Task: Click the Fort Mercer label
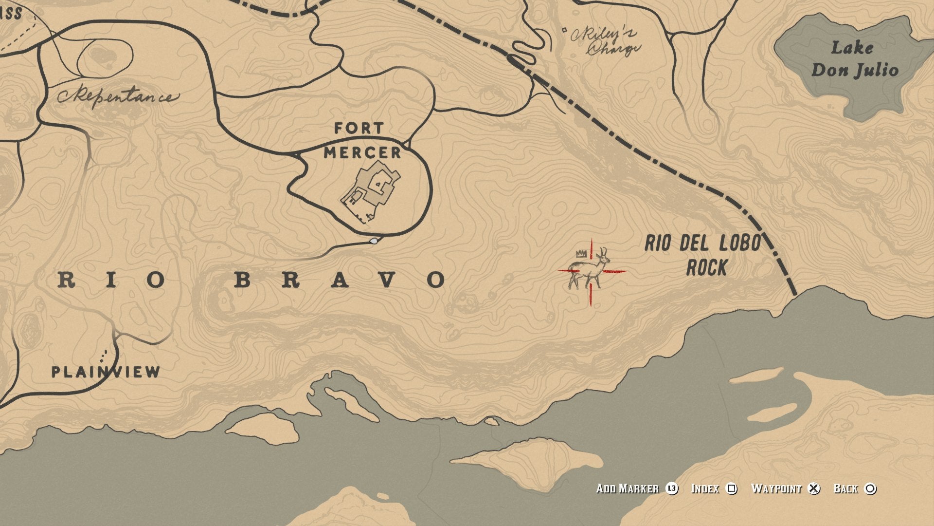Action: [x=362, y=141]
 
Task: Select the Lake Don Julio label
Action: [x=854, y=59]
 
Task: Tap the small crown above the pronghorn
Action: [x=580, y=253]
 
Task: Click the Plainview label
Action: [x=106, y=372]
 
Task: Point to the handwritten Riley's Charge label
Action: [x=606, y=41]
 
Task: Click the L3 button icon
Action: [x=672, y=488]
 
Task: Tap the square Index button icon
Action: [x=732, y=488]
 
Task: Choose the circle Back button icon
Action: [x=871, y=488]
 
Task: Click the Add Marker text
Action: [x=627, y=488]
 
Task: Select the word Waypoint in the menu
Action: [x=776, y=488]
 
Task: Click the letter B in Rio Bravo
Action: [x=244, y=280]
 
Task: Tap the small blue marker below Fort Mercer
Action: [x=374, y=241]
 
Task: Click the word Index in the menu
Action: [x=705, y=488]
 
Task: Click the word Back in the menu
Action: [x=845, y=488]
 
